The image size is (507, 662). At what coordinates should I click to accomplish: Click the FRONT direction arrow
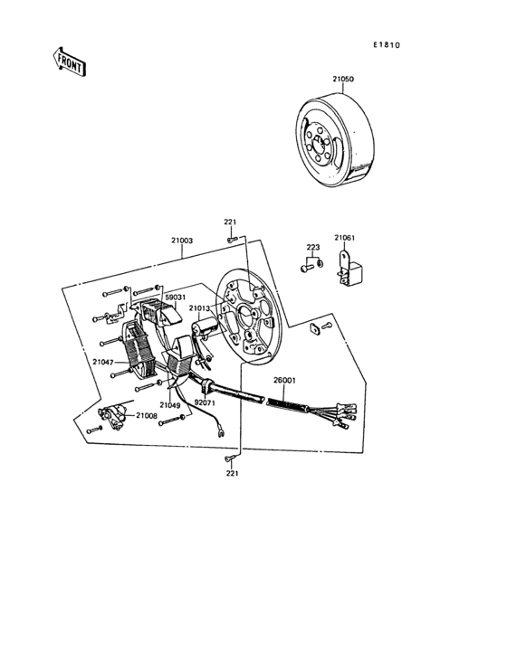[x=70, y=62]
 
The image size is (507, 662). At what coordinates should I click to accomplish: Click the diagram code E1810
[x=385, y=44]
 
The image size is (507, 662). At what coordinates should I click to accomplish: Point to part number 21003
[x=182, y=241]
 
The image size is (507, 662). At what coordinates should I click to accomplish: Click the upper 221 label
[x=231, y=222]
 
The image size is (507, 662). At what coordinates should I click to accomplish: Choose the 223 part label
[x=312, y=247]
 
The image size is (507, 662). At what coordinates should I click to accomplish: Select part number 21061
[x=344, y=238]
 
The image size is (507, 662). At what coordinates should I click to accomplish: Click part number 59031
[x=175, y=296]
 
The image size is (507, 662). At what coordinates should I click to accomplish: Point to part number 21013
[x=199, y=308]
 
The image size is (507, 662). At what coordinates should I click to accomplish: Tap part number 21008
[x=147, y=415]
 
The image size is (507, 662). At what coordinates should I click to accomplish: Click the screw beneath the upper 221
[x=232, y=240]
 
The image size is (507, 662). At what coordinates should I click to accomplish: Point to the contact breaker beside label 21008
[x=112, y=415]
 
